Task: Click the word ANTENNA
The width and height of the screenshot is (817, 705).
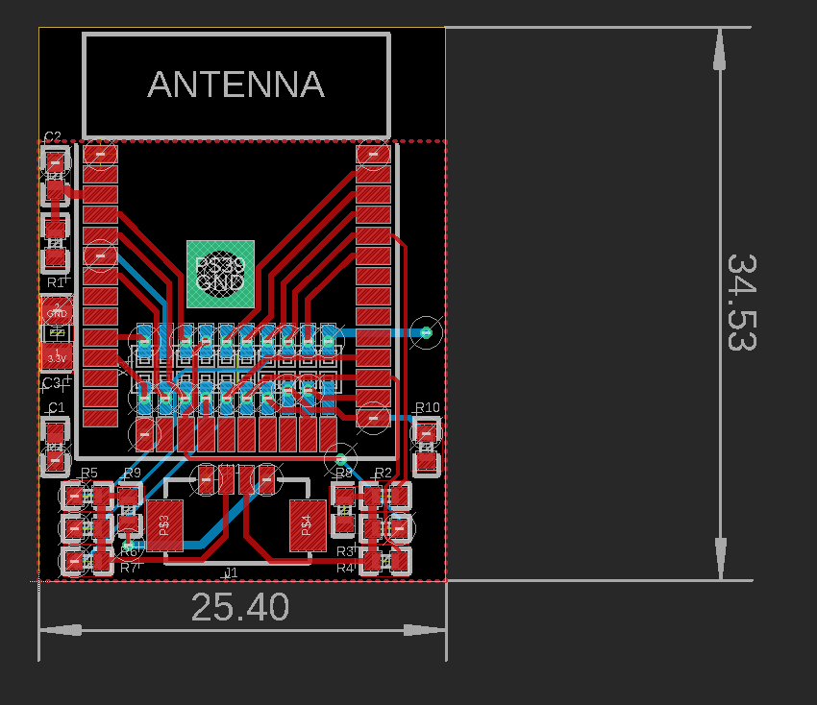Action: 235,85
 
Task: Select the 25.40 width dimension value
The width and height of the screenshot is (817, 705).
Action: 240,607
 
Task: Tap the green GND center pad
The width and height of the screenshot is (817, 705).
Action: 221,274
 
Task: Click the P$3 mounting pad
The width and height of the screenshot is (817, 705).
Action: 164,525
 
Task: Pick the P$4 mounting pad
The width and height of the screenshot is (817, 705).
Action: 308,525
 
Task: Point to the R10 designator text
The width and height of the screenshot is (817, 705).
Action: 427,408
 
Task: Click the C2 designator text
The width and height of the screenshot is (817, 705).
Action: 53,136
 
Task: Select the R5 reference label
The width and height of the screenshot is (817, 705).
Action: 89,473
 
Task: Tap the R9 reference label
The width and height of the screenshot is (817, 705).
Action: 133,473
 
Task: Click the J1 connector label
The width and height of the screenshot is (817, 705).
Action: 231,572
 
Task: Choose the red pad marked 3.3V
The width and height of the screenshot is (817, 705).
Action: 57,358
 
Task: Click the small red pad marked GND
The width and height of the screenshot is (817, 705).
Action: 57,311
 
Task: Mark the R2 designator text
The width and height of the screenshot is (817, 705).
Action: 384,473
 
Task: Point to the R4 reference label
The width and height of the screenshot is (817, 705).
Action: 345,568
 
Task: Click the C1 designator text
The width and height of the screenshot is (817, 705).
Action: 56,408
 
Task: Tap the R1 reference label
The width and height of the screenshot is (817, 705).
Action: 56,282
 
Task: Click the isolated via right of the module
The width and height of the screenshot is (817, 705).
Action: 426,333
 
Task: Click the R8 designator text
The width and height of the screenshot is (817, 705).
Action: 344,473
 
